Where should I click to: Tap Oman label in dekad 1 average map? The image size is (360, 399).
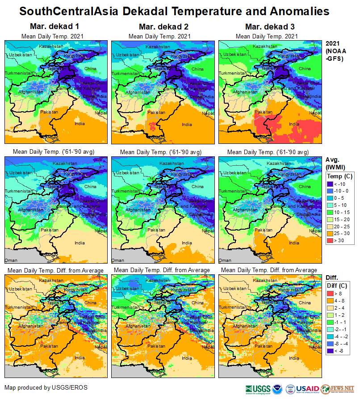(x=11, y=260)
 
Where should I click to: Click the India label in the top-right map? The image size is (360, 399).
(x=294, y=124)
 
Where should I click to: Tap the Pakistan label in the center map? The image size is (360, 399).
(x=156, y=230)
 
